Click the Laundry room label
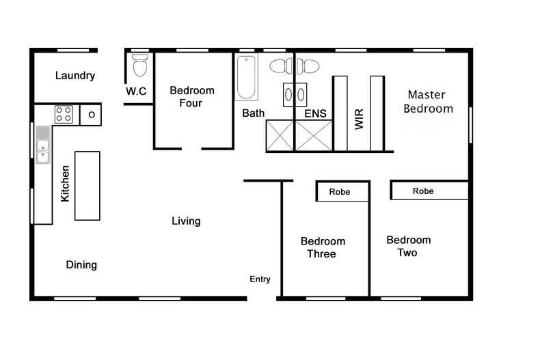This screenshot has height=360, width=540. click(75, 76)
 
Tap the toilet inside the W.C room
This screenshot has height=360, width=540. click(140, 65)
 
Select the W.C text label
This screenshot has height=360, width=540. click(137, 92)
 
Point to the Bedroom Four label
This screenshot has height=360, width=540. click(191, 96)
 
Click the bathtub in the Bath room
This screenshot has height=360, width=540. click(246, 79)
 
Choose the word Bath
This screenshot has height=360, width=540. click(254, 113)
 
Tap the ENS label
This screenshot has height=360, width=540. click(315, 113)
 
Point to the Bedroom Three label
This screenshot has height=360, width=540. click(323, 247)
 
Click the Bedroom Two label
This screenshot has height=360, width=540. click(408, 246)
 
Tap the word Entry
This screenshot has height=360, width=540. click(260, 279)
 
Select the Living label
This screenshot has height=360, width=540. click(186, 221)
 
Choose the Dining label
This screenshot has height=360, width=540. click(81, 265)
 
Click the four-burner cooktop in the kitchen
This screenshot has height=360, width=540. click(64, 114)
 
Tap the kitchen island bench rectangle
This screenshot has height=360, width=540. click(87, 186)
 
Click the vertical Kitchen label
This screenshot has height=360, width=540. click(65, 183)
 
